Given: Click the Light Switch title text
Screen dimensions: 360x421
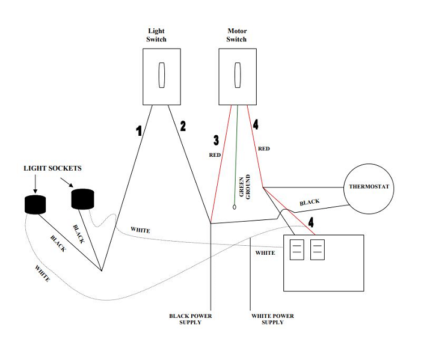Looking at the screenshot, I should (156, 35).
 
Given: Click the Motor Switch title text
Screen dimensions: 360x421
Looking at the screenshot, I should (236, 35).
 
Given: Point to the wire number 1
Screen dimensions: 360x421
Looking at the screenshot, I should (138, 130).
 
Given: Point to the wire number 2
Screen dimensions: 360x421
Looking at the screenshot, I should (183, 127).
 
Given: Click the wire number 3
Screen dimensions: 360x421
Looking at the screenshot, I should (217, 141).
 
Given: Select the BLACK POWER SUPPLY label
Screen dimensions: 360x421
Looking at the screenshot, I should (190, 319).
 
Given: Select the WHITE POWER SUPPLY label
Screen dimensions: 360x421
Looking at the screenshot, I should (272, 319).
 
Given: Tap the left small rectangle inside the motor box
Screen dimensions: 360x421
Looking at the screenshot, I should (297, 249).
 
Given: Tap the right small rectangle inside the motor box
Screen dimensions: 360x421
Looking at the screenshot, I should (317, 249).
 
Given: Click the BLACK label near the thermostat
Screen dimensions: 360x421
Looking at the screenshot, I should (310, 203).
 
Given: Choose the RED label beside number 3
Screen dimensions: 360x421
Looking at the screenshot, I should (215, 154).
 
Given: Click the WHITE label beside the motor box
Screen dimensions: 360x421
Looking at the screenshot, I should (265, 253).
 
